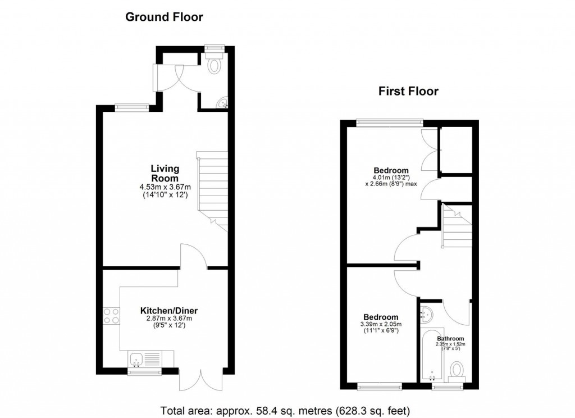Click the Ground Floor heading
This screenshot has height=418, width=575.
pyautogui.click(x=164, y=17)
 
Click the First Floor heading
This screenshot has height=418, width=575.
pyautogui.click(x=408, y=91)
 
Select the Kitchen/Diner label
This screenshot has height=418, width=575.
pyautogui.click(x=169, y=311)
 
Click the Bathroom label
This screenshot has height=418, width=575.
pyautogui.click(x=451, y=339)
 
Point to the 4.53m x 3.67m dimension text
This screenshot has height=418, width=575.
pyautogui.click(x=165, y=187)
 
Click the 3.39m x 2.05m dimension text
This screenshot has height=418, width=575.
pyautogui.click(x=381, y=324)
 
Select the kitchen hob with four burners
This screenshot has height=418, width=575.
pyautogui.click(x=111, y=316)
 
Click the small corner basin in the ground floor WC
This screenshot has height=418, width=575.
pyautogui.click(x=223, y=103)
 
